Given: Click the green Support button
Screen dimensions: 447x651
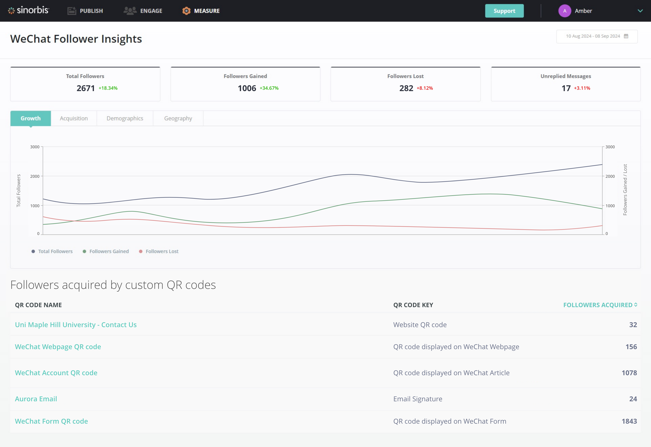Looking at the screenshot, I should click(504, 11).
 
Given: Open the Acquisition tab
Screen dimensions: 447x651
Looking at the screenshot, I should click(74, 119).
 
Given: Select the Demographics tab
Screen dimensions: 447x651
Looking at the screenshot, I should click(125, 119).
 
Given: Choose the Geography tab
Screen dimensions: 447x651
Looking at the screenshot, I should click(178, 119).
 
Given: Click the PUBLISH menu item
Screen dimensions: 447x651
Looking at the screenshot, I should click(85, 11).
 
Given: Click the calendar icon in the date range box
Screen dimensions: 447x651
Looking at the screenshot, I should click(626, 36).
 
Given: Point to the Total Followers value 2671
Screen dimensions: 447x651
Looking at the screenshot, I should click(85, 88).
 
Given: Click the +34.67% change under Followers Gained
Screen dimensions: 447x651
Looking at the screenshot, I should click(269, 88).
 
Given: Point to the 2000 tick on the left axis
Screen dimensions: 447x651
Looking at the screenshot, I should click(35, 176).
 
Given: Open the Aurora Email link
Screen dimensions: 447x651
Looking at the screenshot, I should click(36, 399).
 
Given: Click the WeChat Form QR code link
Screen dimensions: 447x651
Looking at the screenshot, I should click(51, 421).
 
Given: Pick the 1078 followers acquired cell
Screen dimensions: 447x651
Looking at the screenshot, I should click(629, 373).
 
